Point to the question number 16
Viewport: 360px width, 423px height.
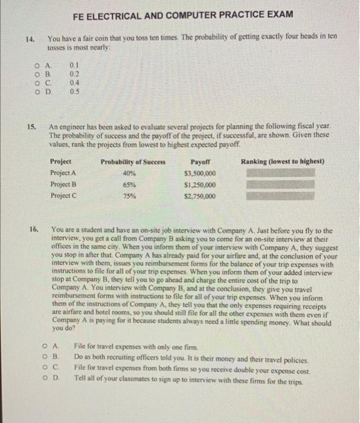(x=33, y=230)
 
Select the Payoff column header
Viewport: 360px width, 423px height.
(x=199, y=162)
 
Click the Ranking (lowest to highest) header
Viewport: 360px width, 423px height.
(x=283, y=162)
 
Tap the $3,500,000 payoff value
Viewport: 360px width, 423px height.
(x=199, y=173)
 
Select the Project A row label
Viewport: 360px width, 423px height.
(x=63, y=173)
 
